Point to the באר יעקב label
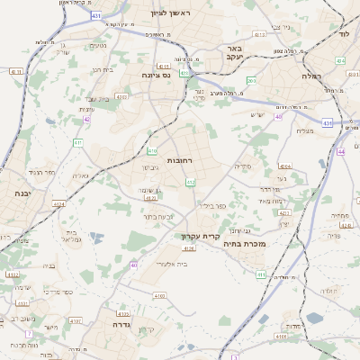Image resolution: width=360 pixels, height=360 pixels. click(x=235, y=52)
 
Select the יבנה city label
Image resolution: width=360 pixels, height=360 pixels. click(x=22, y=193)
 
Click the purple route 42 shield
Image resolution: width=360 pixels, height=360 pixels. click(x=87, y=119)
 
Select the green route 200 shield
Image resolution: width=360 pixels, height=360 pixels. click(x=252, y=82)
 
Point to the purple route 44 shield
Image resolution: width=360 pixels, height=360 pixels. click(x=342, y=152)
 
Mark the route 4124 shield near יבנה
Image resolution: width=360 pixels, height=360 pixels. click(x=58, y=205)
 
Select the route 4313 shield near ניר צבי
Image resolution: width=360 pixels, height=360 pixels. click(x=260, y=34)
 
